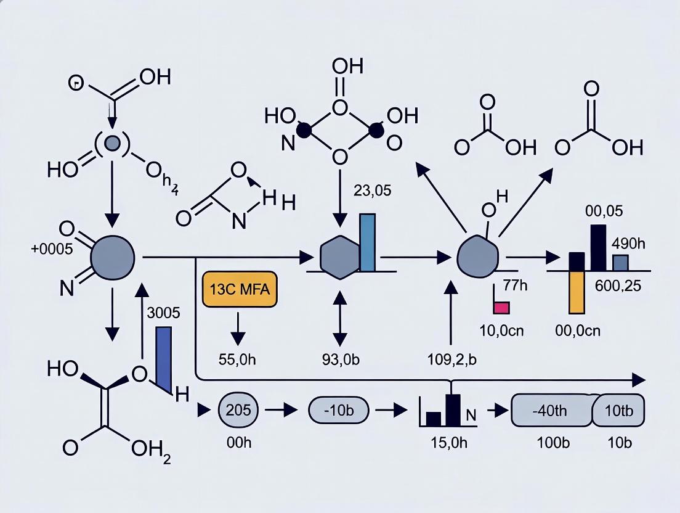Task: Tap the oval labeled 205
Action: pyautogui.click(x=240, y=410)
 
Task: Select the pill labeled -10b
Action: pyautogui.click(x=338, y=410)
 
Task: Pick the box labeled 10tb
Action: pyautogui.click(x=618, y=410)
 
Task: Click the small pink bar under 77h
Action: pyautogui.click(x=501, y=307)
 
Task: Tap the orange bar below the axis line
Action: pyautogui.click(x=576, y=292)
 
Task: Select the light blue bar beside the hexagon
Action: pyautogui.click(x=367, y=242)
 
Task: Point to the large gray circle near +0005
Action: pyautogui.click(x=112, y=255)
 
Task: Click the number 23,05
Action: pyautogui.click(x=372, y=191)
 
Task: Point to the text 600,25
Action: pyautogui.click(x=618, y=285)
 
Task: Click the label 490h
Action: pyautogui.click(x=628, y=243)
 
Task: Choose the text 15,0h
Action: pyautogui.click(x=451, y=443)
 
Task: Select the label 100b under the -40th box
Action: pyautogui.click(x=549, y=443)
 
